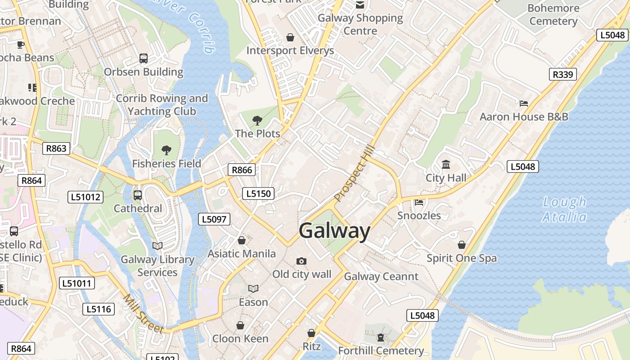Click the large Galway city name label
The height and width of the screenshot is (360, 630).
point(334,231)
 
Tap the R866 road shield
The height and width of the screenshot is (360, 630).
point(242,170)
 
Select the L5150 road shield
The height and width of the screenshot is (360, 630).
point(258,193)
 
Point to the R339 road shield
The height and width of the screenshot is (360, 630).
point(563,74)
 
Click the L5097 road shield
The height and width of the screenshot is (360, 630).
point(214,219)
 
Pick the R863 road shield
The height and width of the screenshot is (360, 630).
point(56,148)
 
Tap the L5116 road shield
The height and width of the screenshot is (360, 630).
point(99,309)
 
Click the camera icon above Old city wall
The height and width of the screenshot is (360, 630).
point(301,261)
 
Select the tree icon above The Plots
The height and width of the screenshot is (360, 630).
point(257,120)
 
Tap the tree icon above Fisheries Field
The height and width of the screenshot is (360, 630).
point(166,150)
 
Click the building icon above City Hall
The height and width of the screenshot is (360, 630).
point(446,165)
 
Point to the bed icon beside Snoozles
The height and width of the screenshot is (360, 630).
point(419,202)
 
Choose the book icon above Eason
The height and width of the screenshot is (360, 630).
point(253,288)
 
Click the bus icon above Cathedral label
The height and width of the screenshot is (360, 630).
point(138,195)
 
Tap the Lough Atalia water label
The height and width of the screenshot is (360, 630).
point(564,210)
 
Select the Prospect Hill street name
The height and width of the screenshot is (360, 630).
point(355,173)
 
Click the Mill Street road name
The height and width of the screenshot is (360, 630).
point(144,314)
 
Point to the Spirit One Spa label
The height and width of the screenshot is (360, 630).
point(462,258)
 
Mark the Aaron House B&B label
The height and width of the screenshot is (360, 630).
point(524,117)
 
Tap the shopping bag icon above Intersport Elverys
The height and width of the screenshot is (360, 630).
point(290,37)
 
